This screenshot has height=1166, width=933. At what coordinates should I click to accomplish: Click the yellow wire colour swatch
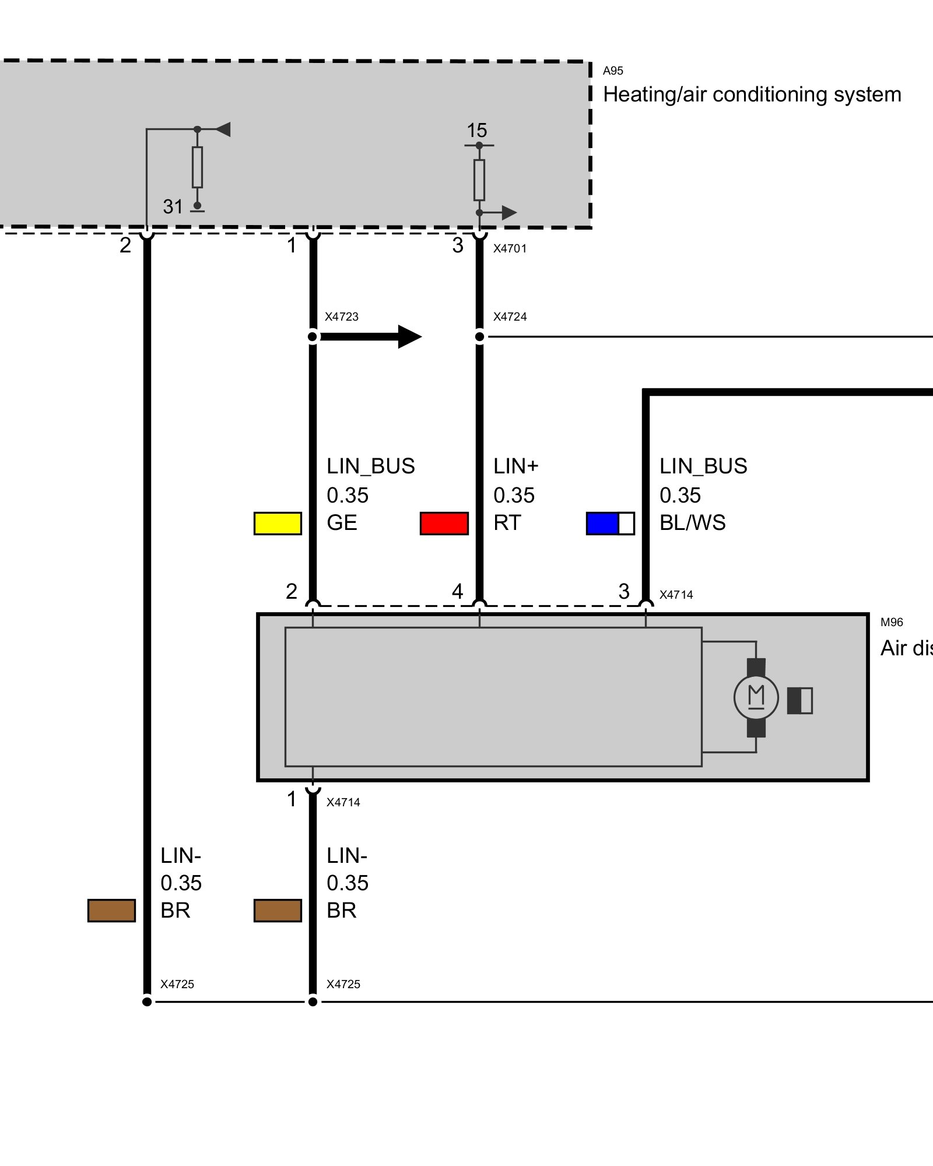pyautogui.click(x=278, y=523)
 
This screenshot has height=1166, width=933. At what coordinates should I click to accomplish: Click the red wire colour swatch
pyautogui.click(x=444, y=523)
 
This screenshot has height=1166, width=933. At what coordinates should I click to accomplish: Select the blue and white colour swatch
pyautogui.click(x=610, y=523)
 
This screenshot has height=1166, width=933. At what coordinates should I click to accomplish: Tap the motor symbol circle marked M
pyautogui.click(x=756, y=697)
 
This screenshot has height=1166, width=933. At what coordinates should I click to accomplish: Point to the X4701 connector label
pyautogui.click(x=510, y=248)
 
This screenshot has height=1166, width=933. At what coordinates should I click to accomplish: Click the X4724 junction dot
pyautogui.click(x=479, y=336)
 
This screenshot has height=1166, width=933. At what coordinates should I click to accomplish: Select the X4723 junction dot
pyautogui.click(x=313, y=336)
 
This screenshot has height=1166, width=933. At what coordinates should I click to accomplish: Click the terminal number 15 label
pyautogui.click(x=476, y=131)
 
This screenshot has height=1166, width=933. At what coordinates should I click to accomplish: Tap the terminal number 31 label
pyautogui.click(x=173, y=206)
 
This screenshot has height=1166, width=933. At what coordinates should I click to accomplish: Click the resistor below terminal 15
pyautogui.click(x=479, y=180)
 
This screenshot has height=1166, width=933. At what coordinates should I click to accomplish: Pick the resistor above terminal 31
pyautogui.click(x=198, y=167)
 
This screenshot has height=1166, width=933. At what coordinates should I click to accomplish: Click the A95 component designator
pyautogui.click(x=613, y=71)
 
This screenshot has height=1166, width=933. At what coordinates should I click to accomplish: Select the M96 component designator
pyautogui.click(x=892, y=622)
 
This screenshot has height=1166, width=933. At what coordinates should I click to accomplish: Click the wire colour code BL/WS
pyautogui.click(x=692, y=523)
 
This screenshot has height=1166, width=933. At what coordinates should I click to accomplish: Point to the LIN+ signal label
pyautogui.click(x=515, y=466)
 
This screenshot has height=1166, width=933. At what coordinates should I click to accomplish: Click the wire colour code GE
pyautogui.click(x=342, y=523)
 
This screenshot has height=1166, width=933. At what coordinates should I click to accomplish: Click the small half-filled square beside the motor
pyautogui.click(x=799, y=700)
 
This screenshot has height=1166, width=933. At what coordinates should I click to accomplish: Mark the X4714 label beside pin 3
pyautogui.click(x=676, y=595)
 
